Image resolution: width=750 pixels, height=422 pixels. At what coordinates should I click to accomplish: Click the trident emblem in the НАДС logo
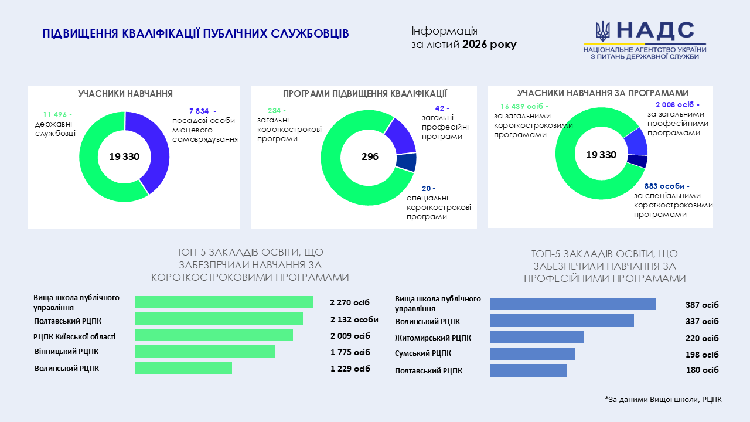tap(602, 31)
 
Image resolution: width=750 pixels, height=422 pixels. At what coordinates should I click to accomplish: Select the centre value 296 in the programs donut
tap(370, 157)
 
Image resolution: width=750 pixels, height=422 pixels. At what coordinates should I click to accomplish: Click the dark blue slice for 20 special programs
tap(406, 162)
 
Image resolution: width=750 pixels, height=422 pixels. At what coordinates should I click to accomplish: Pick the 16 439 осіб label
tap(524, 107)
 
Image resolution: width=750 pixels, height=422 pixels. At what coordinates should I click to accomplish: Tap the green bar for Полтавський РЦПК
tap(219, 318)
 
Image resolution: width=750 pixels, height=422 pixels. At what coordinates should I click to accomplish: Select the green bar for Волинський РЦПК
tap(183, 367)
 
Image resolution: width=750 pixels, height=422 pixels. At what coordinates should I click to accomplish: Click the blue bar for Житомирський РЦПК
tap(537, 337)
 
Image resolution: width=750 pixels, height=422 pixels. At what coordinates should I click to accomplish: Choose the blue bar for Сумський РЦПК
tap(532, 353)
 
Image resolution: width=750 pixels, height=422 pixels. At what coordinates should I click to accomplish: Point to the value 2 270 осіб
tap(350, 302)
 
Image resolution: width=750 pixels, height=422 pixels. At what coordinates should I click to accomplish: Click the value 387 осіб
tap(702, 305)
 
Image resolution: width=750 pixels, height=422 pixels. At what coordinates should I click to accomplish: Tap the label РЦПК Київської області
tap(74, 336)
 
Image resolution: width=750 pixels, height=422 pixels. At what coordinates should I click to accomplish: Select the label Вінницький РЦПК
tap(67, 352)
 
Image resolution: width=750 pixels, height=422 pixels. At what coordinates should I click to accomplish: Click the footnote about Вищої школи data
tap(663, 400)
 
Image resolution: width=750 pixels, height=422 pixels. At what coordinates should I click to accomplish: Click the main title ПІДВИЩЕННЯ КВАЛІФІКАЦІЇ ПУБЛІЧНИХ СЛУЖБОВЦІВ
tap(196, 34)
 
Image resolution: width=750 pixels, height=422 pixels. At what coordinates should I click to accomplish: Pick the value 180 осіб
tap(702, 370)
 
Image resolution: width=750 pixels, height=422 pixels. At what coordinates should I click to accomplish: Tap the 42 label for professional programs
tap(442, 108)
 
